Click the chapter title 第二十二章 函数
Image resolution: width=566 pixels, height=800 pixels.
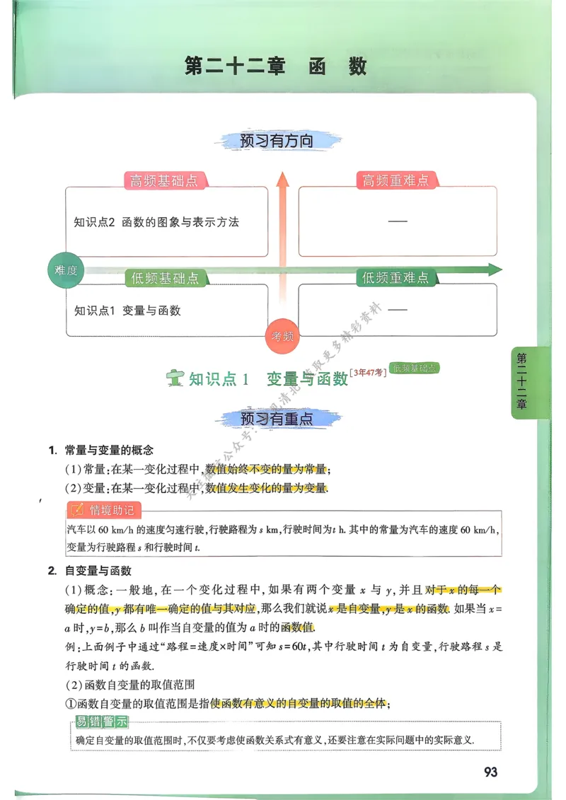coord(276,66)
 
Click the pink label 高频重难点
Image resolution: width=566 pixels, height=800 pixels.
coord(395,181)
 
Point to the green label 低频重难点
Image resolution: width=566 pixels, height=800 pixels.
coord(395,278)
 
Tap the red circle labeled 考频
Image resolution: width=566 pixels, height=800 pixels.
coord(282,337)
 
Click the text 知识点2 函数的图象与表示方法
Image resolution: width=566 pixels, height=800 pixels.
coord(156,222)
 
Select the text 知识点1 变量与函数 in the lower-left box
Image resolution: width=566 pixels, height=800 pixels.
coord(127,310)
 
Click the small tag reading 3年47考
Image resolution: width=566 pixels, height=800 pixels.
coord(368,371)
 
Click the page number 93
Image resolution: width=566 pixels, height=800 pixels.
coord(490,772)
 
